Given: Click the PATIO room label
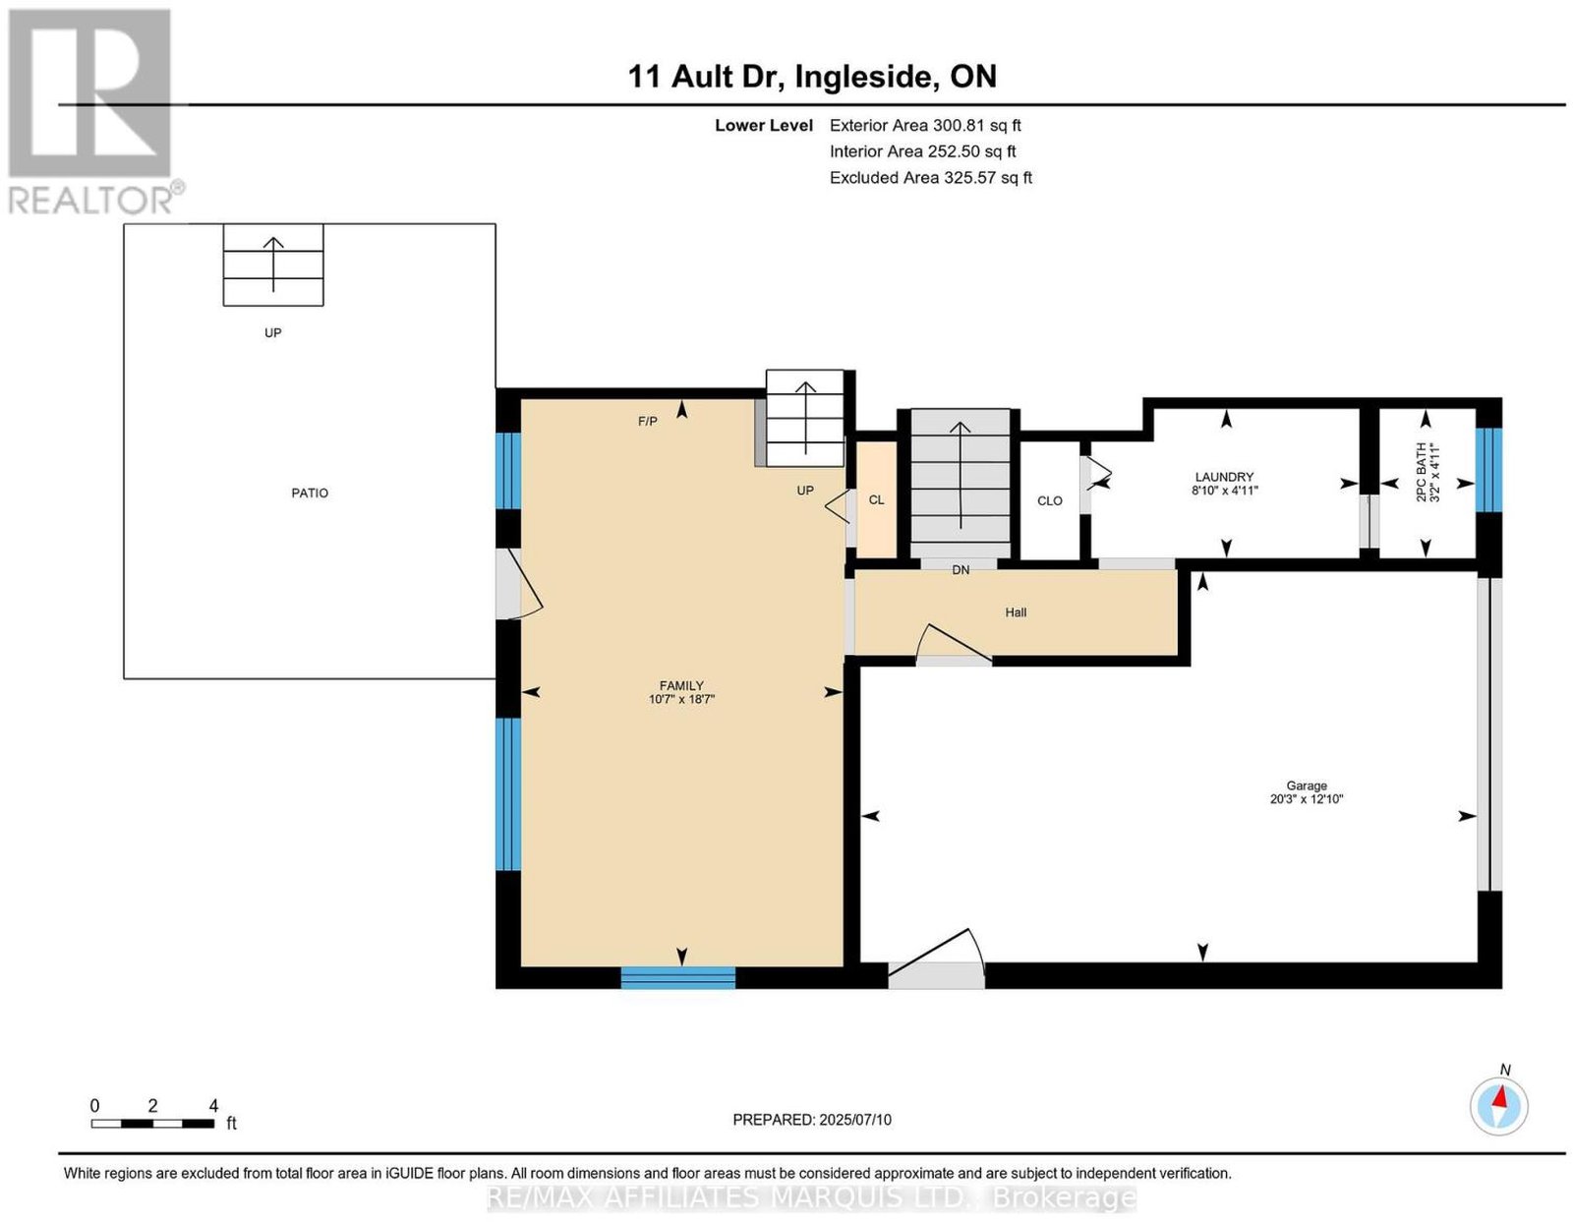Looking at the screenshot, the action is click(x=309, y=493).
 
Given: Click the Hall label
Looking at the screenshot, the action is click(x=1016, y=612).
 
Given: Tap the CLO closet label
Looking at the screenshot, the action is click(x=1050, y=500).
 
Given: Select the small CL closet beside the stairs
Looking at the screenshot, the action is click(x=877, y=500).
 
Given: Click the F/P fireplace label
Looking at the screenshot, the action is click(x=647, y=421).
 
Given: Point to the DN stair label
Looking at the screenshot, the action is click(x=961, y=570).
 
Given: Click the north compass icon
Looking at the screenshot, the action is click(x=1498, y=1106).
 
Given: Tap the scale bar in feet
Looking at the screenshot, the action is click(x=152, y=1124).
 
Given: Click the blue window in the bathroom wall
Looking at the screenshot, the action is click(x=1488, y=471).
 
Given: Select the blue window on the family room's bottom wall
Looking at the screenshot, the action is click(x=678, y=977).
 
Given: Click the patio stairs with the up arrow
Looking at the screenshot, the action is click(x=273, y=264).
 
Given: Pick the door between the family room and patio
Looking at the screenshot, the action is click(x=518, y=583).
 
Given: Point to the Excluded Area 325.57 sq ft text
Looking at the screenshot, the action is click(x=931, y=177).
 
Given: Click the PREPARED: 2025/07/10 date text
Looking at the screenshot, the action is click(x=812, y=1120).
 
